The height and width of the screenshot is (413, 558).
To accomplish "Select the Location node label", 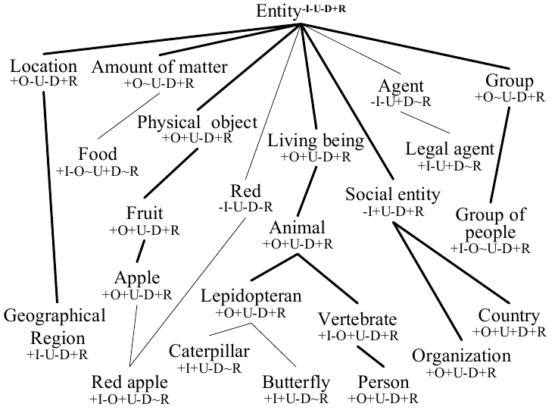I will point(44,66).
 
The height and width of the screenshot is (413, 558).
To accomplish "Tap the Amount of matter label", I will point(159,67).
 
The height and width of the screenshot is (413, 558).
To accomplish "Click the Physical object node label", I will point(198,123).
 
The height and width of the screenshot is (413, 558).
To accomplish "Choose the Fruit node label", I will point(145,213).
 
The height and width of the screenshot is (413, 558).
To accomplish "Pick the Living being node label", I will point(315,141).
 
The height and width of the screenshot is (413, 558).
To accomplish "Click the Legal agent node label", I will point(450,149).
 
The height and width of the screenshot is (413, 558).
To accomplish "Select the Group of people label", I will point(490,224).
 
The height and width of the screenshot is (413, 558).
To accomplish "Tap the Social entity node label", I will point(392,195).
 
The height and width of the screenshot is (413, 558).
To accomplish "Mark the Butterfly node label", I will point(296,383).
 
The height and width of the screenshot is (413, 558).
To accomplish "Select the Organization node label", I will point(461,356).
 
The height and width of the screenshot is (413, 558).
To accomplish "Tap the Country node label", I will point(509,316).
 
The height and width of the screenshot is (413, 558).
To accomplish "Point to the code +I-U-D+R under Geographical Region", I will point(58,354).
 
